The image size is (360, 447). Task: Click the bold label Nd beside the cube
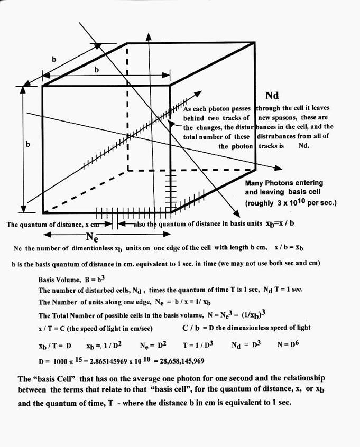coord(272,96)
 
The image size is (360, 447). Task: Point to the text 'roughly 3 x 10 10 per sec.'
coord(284,203)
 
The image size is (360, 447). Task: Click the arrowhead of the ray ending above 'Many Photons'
coord(278,167)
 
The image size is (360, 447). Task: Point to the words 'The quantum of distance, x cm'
coord(53,224)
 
